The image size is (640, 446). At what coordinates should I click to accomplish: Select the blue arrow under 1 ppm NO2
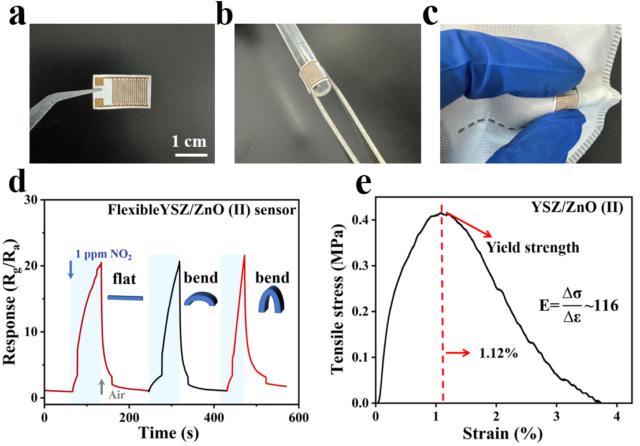70,269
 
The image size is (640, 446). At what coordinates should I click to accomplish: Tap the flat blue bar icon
125,298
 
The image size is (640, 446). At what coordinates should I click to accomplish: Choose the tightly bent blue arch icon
269,301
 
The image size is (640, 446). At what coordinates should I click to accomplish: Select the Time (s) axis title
171,432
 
